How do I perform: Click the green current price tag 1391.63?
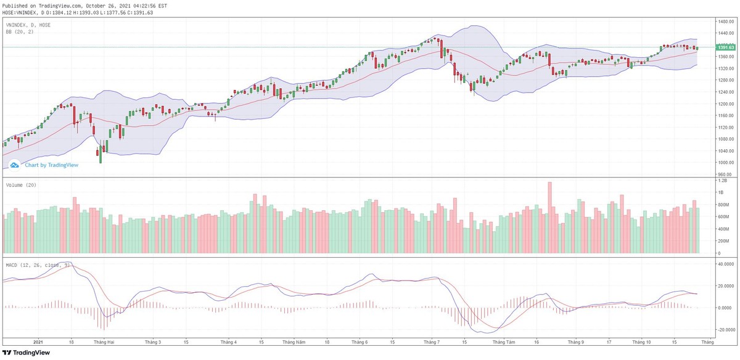point(725,47)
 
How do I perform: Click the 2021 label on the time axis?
point(38,341)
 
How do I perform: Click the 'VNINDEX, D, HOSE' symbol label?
point(28,25)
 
